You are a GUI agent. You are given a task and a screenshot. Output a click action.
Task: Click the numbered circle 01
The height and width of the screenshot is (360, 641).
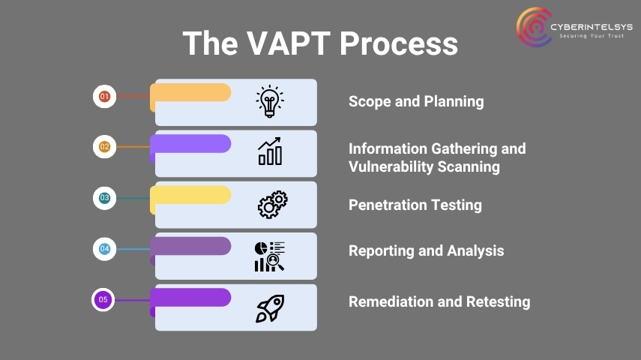click(105, 97)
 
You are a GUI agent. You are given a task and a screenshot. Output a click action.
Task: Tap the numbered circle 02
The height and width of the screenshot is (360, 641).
click(105, 147)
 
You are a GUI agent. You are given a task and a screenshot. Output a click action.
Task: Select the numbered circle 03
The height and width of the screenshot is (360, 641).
click(105, 198)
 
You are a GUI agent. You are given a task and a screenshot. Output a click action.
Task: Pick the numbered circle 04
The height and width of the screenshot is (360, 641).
click(105, 249)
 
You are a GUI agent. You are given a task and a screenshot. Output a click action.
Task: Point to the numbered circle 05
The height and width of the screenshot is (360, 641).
click(103, 300)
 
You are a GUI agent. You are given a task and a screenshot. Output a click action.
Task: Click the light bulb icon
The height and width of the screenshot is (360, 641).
click(270, 101)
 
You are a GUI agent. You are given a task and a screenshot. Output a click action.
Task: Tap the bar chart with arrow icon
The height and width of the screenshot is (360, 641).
click(270, 151)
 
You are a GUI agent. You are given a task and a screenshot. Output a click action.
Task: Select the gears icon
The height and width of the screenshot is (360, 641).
click(273, 205)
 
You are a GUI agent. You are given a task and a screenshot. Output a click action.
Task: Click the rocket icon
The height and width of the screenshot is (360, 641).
click(270, 308)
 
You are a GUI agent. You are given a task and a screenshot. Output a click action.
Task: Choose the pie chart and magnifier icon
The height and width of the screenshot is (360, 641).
click(269, 256)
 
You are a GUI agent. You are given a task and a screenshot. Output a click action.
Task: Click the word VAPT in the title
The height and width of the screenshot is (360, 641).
click(289, 43)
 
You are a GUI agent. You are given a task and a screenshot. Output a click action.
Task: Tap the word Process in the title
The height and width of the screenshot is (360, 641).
click(399, 43)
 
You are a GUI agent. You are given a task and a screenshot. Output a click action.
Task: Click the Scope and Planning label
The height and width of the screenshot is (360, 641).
click(416, 101)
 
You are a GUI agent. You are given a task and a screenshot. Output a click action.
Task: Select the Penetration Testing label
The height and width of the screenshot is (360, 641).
click(415, 205)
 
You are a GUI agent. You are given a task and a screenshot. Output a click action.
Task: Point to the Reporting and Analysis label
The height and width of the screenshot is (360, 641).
click(426, 250)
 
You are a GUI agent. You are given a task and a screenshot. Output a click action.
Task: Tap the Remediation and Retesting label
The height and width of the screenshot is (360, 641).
click(439, 302)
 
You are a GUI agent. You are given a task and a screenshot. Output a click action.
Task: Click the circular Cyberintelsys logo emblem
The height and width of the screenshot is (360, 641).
click(534, 27)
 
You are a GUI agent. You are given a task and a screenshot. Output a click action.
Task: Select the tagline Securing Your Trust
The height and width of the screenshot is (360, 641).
click(592, 36)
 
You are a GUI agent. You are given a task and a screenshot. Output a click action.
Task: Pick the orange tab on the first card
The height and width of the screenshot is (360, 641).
click(190, 93)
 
